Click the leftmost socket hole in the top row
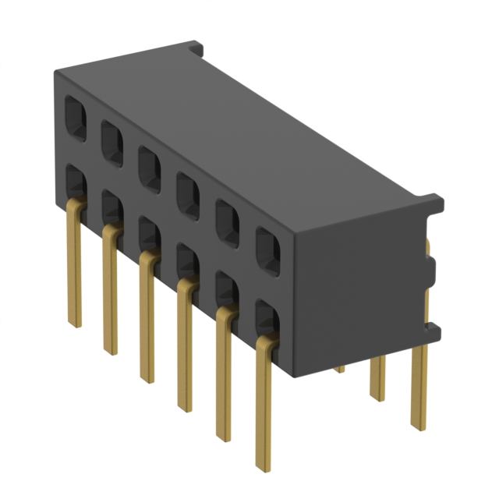pos(75,119)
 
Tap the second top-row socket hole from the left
pos(112,141)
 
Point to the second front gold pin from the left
pos(111,288)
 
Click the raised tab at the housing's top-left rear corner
pos(195,48)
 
